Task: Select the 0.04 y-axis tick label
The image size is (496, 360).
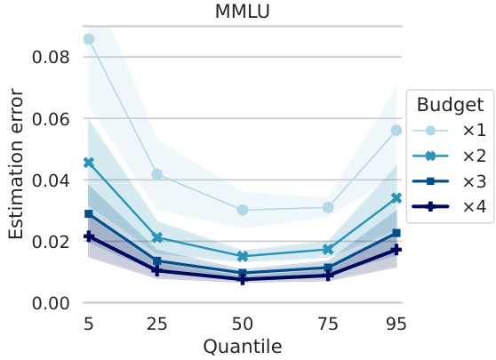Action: pos(51,180)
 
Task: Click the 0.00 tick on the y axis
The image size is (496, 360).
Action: pos(51,303)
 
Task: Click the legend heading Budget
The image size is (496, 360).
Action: pos(449,104)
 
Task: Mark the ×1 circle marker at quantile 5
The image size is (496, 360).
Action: pos(88,39)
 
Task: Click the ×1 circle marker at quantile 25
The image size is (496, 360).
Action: pos(156,174)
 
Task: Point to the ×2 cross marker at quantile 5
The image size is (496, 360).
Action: pos(88,163)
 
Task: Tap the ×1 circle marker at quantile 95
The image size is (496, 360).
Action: pos(396,131)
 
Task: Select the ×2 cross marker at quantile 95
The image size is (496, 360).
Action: pos(396,198)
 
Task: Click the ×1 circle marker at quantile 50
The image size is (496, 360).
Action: pos(242,210)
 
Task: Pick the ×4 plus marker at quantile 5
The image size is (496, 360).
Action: pos(88,236)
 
